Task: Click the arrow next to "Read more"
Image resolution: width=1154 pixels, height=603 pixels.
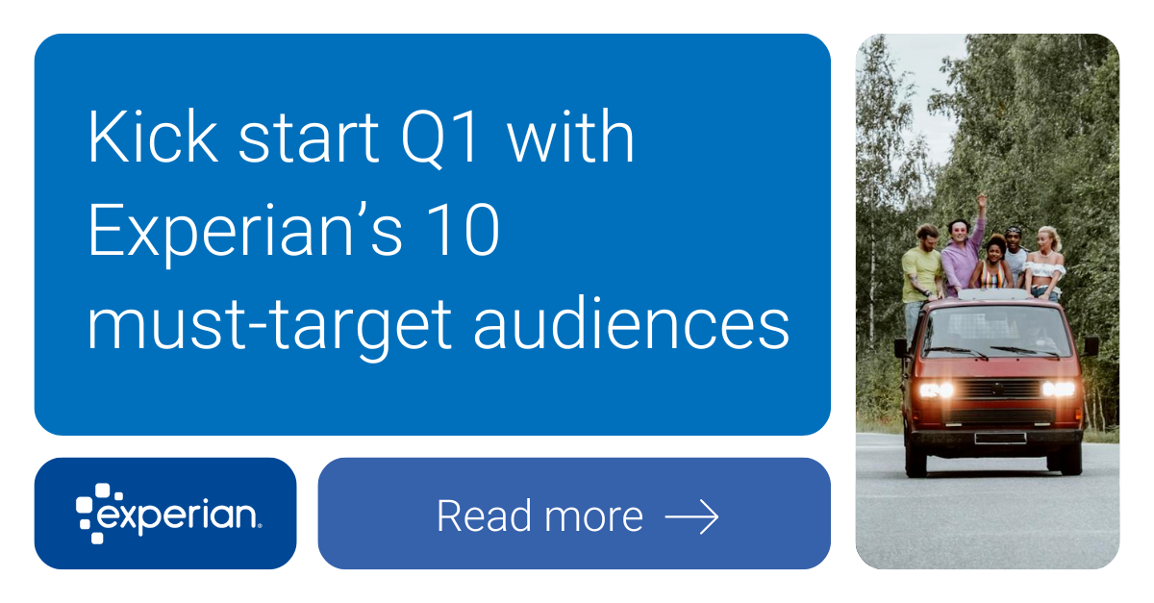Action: [x=691, y=517]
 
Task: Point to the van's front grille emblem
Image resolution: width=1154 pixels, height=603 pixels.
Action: [x=1001, y=389]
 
